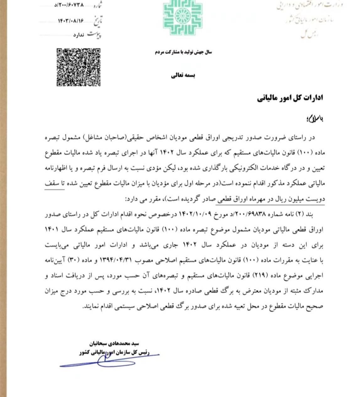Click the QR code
pos(78,67)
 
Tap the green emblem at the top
pos(182,18)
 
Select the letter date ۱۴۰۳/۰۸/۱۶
pos(71,21)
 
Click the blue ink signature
pos(107,361)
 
